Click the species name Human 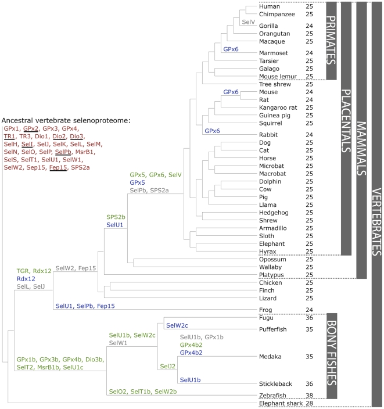point(269,6)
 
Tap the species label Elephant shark point(281,403)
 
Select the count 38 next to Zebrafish point(309,396)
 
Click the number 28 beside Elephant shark point(309,403)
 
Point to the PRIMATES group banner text point(331,40)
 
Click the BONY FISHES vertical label point(332,353)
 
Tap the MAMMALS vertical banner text point(361,148)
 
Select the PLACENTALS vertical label point(346,121)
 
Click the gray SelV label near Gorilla point(248,22)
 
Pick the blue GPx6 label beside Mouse point(231,92)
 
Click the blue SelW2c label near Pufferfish point(177,325)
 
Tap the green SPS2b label point(116,217)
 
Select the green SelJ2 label point(167,366)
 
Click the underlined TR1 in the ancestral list point(9,136)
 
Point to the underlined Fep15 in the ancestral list point(58,167)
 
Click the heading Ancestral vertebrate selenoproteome point(66,120)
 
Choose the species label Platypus point(271,275)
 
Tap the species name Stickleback point(275,383)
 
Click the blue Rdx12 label point(26,279)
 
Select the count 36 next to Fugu point(309,318)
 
